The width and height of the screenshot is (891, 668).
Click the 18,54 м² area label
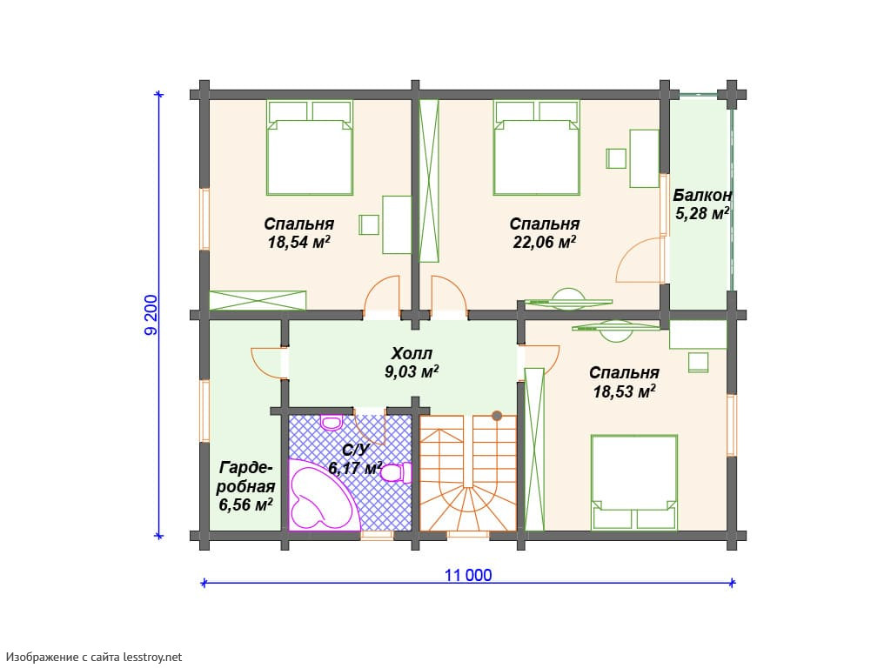(299, 243)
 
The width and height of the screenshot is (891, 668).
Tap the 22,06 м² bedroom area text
(545, 243)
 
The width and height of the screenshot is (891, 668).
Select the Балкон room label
(702, 196)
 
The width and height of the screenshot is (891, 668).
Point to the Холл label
(412, 353)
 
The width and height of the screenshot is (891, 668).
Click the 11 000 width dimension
(468, 575)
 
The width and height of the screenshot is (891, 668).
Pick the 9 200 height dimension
(151, 315)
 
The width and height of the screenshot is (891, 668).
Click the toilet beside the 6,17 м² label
(397, 472)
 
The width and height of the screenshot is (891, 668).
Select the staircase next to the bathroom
(467, 472)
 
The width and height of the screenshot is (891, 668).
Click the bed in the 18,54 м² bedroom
(310, 148)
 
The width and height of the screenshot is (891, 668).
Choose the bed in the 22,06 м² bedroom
(536, 148)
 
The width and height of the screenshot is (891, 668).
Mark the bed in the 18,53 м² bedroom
(633, 482)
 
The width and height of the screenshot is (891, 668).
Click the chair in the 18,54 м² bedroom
(369, 225)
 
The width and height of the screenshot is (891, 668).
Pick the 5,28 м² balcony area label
(702, 214)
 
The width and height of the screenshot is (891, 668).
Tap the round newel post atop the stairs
(497, 416)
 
